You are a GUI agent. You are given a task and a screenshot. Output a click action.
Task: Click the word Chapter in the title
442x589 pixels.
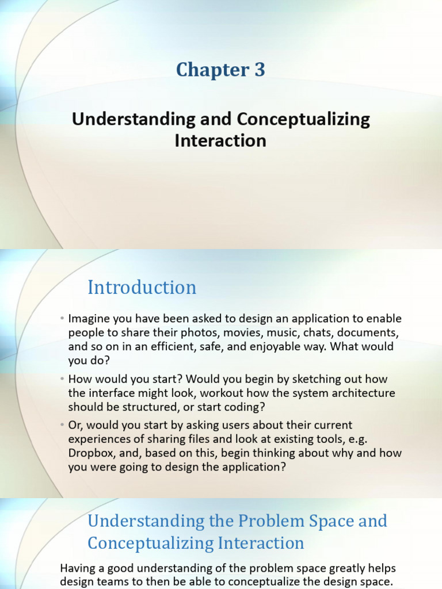pyautogui.click(x=212, y=70)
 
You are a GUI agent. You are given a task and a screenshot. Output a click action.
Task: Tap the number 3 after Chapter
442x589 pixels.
pyautogui.click(x=260, y=70)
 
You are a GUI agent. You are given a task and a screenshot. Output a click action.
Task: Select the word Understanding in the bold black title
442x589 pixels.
pyautogui.click(x=134, y=120)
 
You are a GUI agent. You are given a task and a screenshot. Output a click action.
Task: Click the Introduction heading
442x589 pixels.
pyautogui.click(x=142, y=288)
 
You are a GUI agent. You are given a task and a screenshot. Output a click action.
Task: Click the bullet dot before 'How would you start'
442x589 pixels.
pyautogui.click(x=62, y=379)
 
